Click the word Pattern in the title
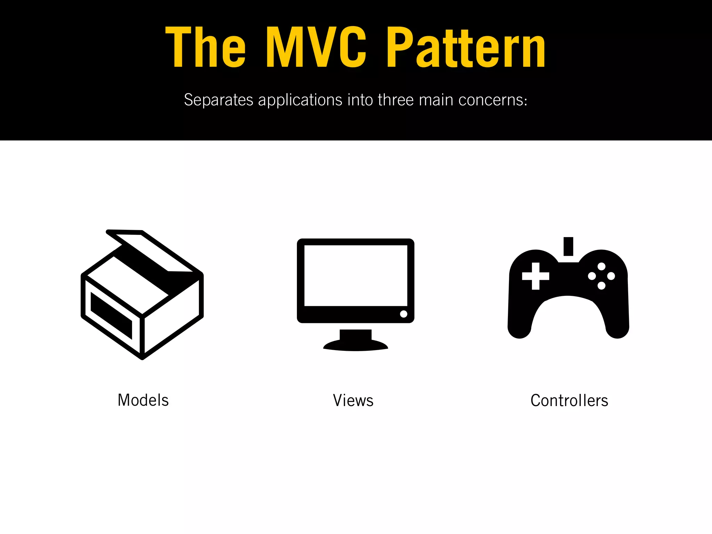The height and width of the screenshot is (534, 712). coord(466,47)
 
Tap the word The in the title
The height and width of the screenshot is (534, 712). coord(205,47)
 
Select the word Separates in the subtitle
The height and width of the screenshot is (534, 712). coord(218,100)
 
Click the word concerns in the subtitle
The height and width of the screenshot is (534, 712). coord(493,100)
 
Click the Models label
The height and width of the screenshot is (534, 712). coord(143,400)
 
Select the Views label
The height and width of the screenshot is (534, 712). coord(353,400)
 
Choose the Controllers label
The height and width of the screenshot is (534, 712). coord(569,400)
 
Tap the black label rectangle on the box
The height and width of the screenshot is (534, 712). coord(111,315)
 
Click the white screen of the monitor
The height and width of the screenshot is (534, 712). coord(356,275)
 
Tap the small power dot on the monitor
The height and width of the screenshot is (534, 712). coord(404,314)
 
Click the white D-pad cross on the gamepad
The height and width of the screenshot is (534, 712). coord(536,276)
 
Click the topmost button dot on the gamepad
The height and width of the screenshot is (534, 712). coord(601,267)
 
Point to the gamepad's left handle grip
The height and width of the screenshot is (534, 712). coord(520,323)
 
